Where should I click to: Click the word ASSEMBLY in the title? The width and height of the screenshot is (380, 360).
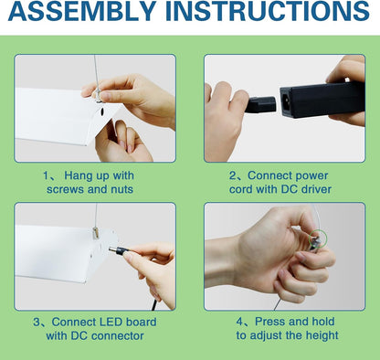82,11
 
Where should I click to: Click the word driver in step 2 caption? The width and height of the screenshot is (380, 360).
316,189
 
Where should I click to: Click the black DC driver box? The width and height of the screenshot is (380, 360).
322,99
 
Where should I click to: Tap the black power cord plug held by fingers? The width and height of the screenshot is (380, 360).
260,104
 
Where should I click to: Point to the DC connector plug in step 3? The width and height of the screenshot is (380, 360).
120,250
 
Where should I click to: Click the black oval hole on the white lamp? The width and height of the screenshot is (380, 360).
101,111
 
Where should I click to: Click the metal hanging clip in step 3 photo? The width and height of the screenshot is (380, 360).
96,233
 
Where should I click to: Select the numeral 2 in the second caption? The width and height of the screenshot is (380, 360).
233,176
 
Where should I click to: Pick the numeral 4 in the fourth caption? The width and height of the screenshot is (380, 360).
240,322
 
